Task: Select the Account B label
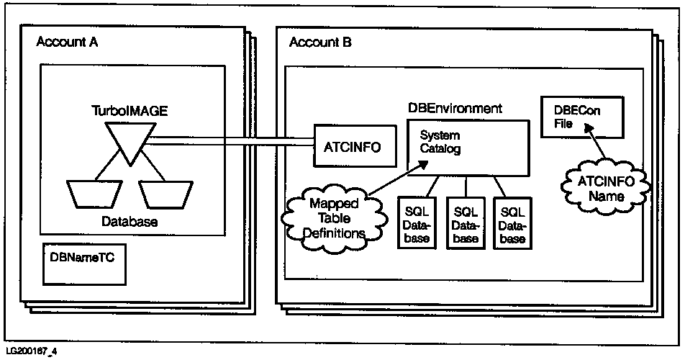320,43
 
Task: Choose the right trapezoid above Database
165,194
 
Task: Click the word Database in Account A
127,221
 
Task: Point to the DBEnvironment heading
455,108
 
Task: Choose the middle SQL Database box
465,225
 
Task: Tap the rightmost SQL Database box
512,225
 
